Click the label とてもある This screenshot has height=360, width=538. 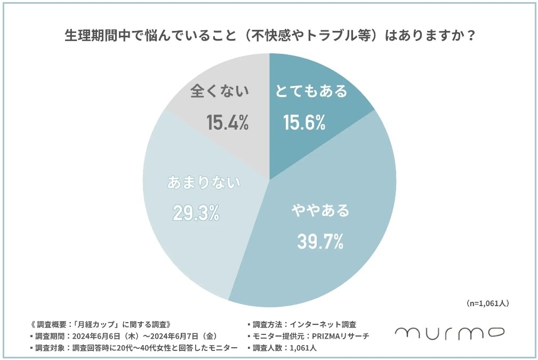[x=311, y=91]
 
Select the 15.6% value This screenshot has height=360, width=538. [x=304, y=123]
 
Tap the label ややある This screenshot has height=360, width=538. [x=320, y=211]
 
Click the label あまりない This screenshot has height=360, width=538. [x=204, y=182]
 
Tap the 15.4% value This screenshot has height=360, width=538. [x=228, y=123]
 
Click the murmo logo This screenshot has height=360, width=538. [x=449, y=333]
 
